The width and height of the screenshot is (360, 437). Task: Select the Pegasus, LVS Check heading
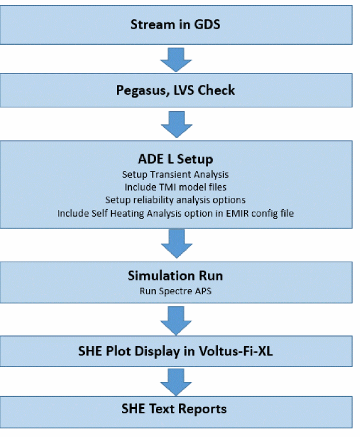175,90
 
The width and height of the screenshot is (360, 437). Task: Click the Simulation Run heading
175,276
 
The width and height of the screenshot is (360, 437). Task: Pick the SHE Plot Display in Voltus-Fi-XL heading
175,351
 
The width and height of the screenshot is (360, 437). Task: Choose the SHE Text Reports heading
175,409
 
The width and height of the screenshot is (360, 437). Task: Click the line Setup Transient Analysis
175,174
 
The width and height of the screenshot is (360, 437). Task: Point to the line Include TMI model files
175,187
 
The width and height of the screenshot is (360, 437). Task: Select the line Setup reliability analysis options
175,200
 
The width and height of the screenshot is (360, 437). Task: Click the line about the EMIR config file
175,213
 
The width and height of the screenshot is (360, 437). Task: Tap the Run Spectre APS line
175,290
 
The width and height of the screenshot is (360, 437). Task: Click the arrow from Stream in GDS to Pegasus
175,58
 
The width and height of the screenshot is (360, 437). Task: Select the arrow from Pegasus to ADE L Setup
175,124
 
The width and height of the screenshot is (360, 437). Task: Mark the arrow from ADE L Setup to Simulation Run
175,244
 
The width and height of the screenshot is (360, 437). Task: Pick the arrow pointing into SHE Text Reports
175,380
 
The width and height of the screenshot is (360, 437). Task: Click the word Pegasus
138,91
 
